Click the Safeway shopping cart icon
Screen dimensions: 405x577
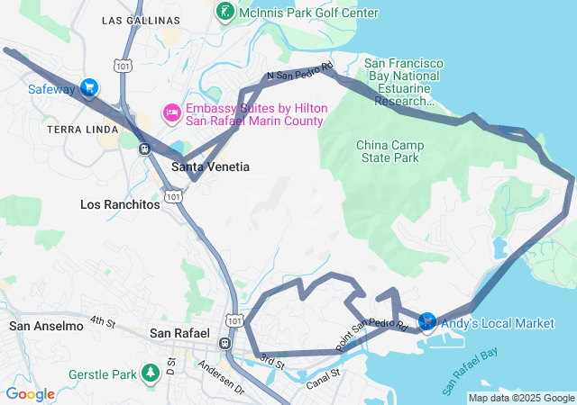click(x=88, y=87)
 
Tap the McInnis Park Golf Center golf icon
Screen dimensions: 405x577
click(x=224, y=13)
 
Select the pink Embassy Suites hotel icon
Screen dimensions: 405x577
click(x=170, y=112)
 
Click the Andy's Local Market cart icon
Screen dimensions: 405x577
click(x=427, y=320)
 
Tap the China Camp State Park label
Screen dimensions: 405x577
click(x=388, y=151)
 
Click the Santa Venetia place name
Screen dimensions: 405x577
click(x=210, y=167)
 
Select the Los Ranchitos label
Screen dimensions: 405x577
click(x=120, y=204)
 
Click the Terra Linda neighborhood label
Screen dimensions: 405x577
click(x=83, y=130)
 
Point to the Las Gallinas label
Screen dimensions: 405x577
click(x=136, y=20)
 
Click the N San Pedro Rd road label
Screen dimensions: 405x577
click(x=299, y=72)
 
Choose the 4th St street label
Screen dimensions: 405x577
click(x=103, y=321)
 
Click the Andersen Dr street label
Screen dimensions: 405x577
click(x=221, y=378)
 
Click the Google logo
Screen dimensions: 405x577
click(x=30, y=394)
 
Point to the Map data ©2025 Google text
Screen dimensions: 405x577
click(x=521, y=398)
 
